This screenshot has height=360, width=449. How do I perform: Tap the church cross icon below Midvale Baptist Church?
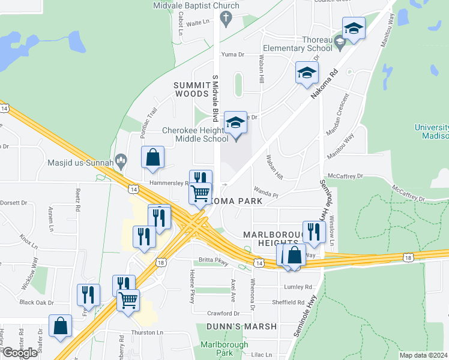click(226, 18)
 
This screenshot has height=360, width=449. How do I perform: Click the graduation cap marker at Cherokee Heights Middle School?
click(235, 124)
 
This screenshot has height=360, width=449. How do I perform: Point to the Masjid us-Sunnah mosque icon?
click(122, 160)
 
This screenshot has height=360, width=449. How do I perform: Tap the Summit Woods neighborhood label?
click(191, 89)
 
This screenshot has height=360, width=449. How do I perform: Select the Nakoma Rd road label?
click(325, 84)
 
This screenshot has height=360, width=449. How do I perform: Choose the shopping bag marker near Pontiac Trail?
click(153, 157)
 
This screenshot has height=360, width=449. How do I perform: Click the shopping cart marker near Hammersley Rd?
click(200, 193)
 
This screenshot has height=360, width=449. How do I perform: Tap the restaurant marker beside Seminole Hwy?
click(314, 232)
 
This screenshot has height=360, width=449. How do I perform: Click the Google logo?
click(20, 353)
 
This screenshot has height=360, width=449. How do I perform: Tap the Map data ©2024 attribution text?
click(423, 355)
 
